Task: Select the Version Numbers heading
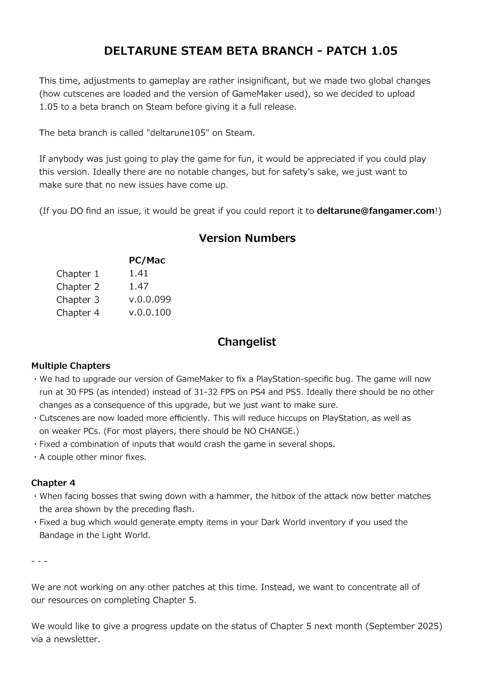247,238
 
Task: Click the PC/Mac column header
147,260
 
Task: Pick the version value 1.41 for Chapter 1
138,273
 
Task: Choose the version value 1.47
138,286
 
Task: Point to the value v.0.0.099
150,299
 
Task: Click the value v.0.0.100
150,312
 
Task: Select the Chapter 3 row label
78,300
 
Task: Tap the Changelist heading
246,342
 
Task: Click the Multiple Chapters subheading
71,366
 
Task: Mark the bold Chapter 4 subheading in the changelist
53,483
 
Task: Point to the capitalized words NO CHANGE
269,431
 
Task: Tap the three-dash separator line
39,561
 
